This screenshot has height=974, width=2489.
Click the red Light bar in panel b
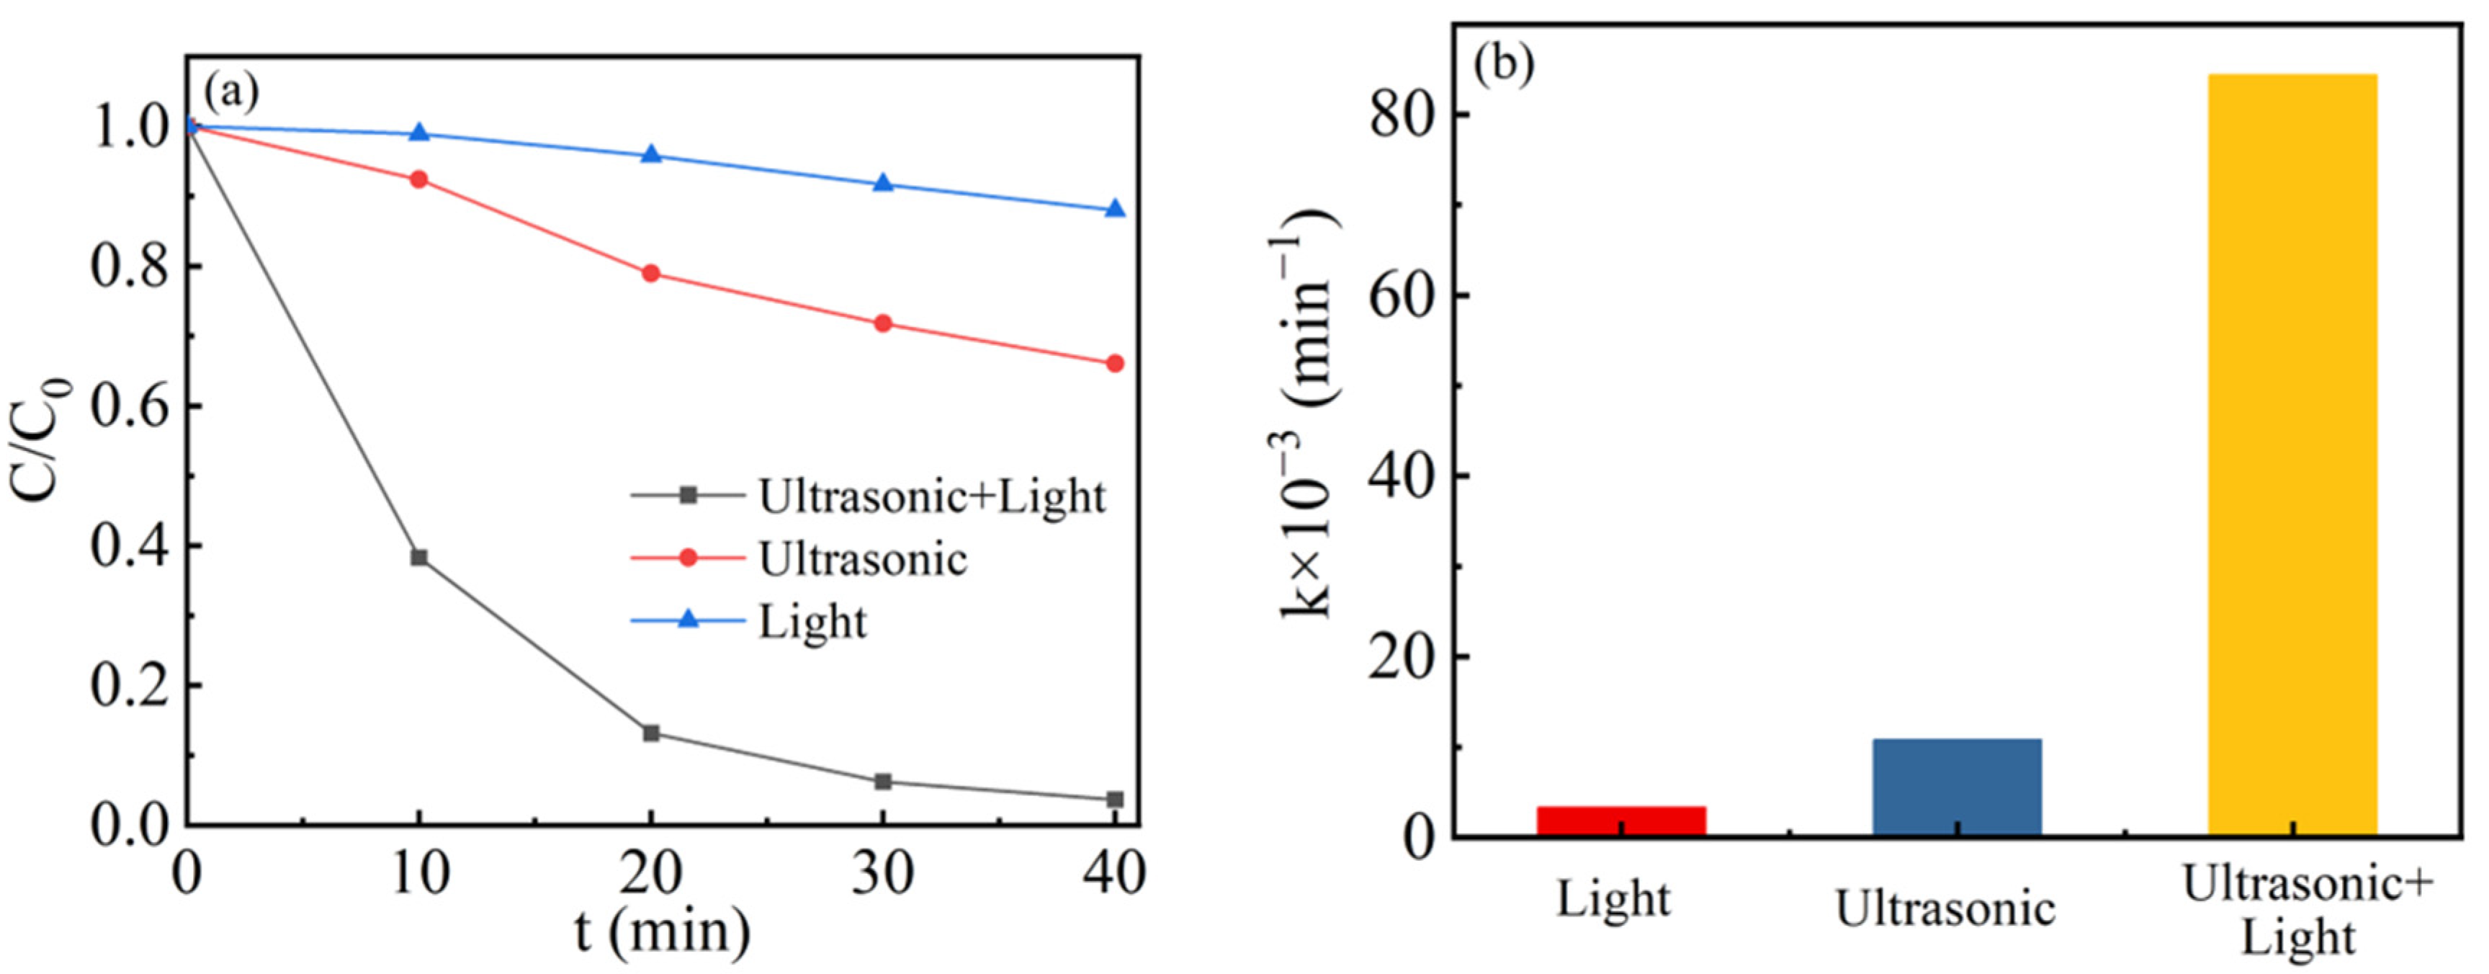[1621, 821]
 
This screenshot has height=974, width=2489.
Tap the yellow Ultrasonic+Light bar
[2292, 454]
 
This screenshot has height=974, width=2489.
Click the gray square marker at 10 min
[419, 558]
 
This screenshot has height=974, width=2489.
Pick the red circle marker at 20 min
[651, 274]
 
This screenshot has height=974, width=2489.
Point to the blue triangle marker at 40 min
[1115, 210]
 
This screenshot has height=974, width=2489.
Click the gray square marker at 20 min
[651, 733]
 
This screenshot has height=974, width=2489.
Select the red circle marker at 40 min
[1115, 363]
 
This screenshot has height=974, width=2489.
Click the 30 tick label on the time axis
[882, 875]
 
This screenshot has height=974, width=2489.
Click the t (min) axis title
[663, 932]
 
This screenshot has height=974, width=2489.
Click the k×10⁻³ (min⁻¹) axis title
[1310, 416]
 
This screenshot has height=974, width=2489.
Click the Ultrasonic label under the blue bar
[1945, 908]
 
